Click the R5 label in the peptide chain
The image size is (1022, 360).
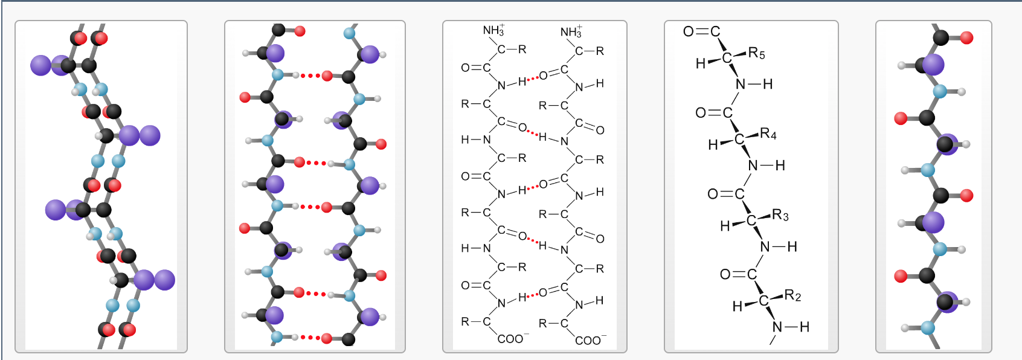click(x=756, y=54)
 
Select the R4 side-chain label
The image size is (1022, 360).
click(x=768, y=133)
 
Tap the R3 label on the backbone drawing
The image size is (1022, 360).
click(x=780, y=215)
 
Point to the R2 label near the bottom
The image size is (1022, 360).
click(x=792, y=296)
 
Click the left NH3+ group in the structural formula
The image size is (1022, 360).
click(x=493, y=30)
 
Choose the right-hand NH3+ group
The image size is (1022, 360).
click(x=571, y=31)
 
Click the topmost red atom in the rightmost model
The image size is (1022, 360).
click(x=966, y=37)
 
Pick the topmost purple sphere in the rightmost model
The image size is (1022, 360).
click(x=933, y=64)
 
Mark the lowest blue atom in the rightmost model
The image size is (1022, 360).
click(x=928, y=328)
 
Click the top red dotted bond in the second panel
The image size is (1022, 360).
click(x=310, y=76)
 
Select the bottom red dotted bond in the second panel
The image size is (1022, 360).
click(x=310, y=338)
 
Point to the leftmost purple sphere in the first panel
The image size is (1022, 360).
click(x=41, y=65)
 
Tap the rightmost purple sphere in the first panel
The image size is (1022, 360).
click(x=164, y=280)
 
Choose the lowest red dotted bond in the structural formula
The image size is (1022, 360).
click(x=532, y=295)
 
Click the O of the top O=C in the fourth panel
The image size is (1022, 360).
click(x=689, y=31)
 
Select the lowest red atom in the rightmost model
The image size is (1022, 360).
click(x=901, y=276)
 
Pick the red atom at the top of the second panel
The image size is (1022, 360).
click(x=300, y=31)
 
